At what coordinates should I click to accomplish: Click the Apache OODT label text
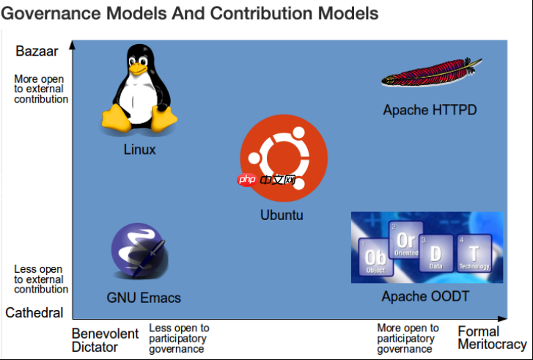click(x=425, y=297)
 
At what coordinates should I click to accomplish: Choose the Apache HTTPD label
click(x=430, y=111)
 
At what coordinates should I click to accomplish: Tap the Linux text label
click(x=139, y=150)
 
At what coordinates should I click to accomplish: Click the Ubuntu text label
click(x=282, y=216)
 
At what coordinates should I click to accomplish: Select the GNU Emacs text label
click(x=144, y=298)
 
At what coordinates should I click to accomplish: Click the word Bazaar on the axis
click(x=36, y=51)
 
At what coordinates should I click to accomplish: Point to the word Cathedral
click(x=34, y=313)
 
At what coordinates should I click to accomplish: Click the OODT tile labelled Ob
click(x=375, y=257)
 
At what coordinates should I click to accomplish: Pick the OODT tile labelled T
click(x=474, y=254)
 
